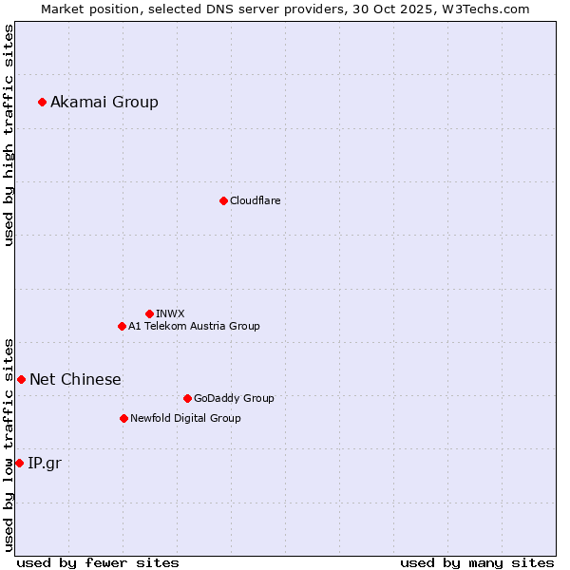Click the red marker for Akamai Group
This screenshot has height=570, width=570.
point(42,102)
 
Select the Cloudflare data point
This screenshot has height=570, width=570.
point(223,200)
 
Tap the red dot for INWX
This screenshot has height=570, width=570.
point(149,313)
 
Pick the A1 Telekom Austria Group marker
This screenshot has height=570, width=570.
point(122,326)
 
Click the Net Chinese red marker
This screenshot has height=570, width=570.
point(21,379)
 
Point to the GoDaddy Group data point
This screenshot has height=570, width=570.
point(187,398)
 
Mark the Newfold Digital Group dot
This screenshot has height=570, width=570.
point(123,418)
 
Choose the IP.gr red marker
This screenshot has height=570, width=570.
point(19,463)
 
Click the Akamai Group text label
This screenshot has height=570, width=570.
point(104,102)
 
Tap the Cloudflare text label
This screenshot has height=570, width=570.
point(256,200)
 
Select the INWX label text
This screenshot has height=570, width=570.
point(170,313)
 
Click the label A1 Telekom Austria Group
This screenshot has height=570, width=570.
point(194,326)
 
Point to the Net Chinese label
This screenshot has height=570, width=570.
point(75,379)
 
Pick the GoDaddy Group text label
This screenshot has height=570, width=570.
point(234,398)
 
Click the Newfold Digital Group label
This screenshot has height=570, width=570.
point(185,418)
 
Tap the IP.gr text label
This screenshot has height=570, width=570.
point(45,463)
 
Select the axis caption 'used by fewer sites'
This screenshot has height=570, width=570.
point(98,562)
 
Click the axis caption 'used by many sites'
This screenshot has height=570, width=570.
point(477,562)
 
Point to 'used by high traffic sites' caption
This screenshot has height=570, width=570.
point(9,135)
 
